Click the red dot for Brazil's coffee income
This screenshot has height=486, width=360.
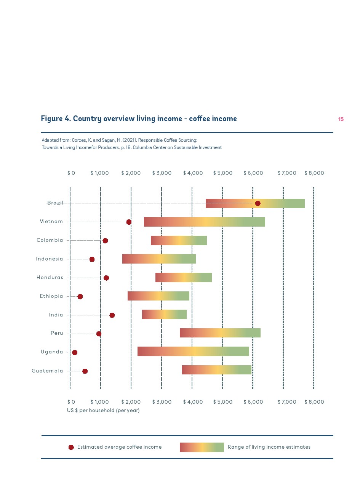(x=258, y=203)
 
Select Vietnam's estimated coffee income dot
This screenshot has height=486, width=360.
(x=129, y=222)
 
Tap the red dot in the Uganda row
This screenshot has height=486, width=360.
(x=75, y=352)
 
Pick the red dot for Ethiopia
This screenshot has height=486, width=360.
(x=80, y=296)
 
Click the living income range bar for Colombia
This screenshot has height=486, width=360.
(x=179, y=240)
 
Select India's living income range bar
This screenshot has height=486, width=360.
(x=164, y=314)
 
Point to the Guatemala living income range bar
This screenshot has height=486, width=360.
(x=216, y=370)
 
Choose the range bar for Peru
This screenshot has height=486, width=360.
(x=220, y=333)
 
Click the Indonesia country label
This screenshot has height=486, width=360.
(x=50, y=259)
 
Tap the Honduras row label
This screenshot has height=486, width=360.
(x=50, y=278)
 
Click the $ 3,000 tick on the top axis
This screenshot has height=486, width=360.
(x=162, y=173)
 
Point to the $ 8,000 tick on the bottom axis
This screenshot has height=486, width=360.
(x=314, y=402)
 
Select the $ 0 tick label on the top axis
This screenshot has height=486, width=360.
(x=71, y=173)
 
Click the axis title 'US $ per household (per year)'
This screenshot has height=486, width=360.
(x=103, y=411)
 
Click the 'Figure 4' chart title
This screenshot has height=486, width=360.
(x=139, y=119)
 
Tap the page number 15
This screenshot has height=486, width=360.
(x=341, y=120)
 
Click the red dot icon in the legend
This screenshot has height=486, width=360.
(x=71, y=447)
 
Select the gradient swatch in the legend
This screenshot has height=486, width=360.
(x=202, y=447)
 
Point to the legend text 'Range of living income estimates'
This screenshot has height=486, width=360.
(x=269, y=447)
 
